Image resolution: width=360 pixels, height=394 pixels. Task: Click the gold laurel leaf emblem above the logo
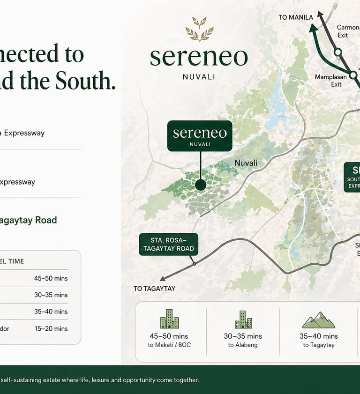[199, 30]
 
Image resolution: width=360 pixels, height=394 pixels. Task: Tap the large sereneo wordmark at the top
[199, 57]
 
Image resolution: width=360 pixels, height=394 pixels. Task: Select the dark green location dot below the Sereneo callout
[201, 185]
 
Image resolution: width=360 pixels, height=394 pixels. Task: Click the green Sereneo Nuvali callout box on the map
[200, 136]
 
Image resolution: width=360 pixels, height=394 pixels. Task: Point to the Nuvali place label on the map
[246, 163]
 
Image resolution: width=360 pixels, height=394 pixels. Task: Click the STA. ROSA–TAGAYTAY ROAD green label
[169, 245]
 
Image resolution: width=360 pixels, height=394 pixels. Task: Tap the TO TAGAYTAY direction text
[154, 289]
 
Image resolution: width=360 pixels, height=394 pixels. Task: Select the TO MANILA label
[295, 17]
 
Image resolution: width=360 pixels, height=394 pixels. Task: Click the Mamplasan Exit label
[328, 81]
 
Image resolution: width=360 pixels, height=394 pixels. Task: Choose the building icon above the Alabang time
[243, 320]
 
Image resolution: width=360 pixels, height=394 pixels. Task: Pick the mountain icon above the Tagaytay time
[318, 320]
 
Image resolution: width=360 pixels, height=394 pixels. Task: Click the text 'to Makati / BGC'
[169, 345]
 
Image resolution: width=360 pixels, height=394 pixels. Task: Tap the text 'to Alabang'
[243, 345]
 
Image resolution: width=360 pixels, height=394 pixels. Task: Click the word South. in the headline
[85, 81]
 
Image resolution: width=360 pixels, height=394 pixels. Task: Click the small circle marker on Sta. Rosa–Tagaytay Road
[194, 264]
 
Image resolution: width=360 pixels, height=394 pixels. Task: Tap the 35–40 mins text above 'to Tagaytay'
[319, 336]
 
